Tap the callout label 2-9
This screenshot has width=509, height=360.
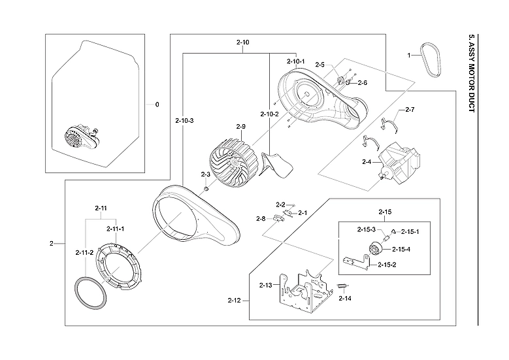point(240,126)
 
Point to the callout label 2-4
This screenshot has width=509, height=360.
point(367,161)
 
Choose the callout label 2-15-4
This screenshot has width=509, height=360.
point(401,249)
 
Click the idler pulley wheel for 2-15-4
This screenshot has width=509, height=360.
point(376,249)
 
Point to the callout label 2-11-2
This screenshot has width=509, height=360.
point(84,252)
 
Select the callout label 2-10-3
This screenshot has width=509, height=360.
point(184,121)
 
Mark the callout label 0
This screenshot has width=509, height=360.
point(157,104)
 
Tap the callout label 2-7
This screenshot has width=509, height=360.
point(410,109)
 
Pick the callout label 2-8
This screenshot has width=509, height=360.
point(260,218)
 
